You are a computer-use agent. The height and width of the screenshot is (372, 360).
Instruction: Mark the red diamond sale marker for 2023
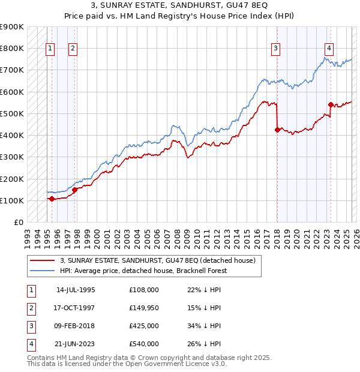point(331,105)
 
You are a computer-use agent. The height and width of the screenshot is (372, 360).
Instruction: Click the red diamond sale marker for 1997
point(75,190)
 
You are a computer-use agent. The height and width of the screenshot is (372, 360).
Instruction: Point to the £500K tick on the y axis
point(12,113)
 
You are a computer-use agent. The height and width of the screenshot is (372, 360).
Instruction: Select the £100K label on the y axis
point(12,200)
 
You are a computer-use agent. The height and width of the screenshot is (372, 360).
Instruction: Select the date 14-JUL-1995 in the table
point(76,290)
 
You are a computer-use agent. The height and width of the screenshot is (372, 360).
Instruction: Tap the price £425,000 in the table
point(144,327)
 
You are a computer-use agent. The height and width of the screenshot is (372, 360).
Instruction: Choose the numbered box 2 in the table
point(31,308)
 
